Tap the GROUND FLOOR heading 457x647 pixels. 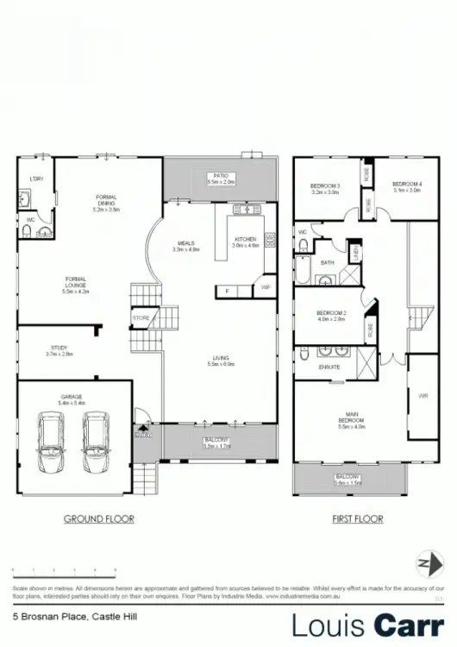pyautogui.click(x=100, y=519)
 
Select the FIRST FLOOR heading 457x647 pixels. pyautogui.click(x=358, y=519)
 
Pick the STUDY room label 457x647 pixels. pyautogui.click(x=59, y=350)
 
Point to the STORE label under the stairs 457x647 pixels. pyautogui.click(x=141, y=318)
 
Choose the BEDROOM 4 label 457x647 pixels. pyautogui.click(x=406, y=187)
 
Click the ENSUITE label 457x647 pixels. pyautogui.click(x=330, y=367)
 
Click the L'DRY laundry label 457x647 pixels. pyautogui.click(x=35, y=179)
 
